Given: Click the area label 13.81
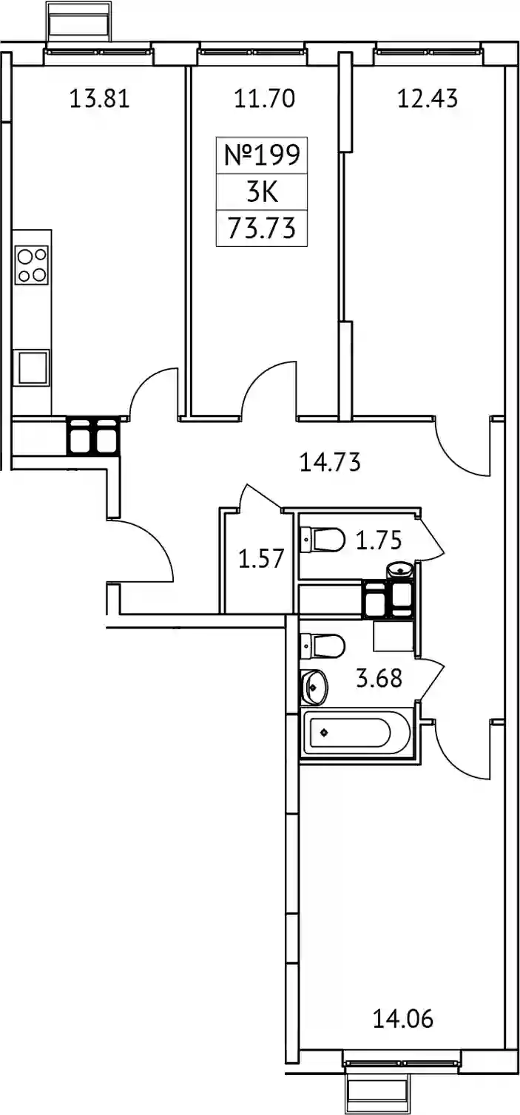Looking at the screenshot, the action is tap(99, 98).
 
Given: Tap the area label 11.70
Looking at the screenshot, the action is tap(265, 98).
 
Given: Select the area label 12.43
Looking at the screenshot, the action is tap(428, 98).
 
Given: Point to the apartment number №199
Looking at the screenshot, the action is tap(262, 155).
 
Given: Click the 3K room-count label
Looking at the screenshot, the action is tap(262, 192).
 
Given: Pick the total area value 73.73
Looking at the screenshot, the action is tap(262, 228).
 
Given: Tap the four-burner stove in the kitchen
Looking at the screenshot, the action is tap(32, 265).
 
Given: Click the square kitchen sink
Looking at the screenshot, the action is tap(33, 367).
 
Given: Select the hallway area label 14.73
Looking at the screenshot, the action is tap(330, 462).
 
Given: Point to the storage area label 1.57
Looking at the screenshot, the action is tap(261, 558).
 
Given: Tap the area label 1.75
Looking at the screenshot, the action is tap(379, 540).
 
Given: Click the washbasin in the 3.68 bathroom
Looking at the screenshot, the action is tap(314, 688).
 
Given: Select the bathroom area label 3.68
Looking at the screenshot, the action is tap(379, 679).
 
